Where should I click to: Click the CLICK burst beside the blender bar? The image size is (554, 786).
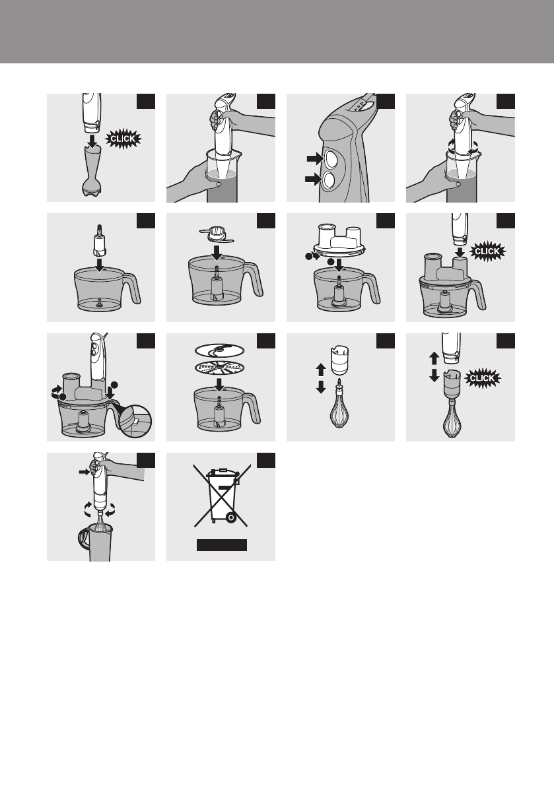pyautogui.click(x=123, y=139)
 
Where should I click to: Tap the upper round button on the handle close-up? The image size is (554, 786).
pyautogui.click(x=331, y=159)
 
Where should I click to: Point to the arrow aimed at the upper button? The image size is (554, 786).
pyautogui.click(x=315, y=158)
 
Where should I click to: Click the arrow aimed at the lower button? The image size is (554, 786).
pyautogui.click(x=314, y=179)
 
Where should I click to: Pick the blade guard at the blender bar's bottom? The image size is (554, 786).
pyautogui.click(x=91, y=187)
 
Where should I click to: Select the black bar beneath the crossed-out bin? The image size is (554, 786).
pyautogui.click(x=221, y=545)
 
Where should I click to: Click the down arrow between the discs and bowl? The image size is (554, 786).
pyautogui.click(x=219, y=383)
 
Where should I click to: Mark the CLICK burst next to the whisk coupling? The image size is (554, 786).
pyautogui.click(x=482, y=378)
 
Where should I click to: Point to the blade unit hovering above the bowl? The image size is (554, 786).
pyautogui.click(x=217, y=236)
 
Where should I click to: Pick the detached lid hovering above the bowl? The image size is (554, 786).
pyautogui.click(x=339, y=242)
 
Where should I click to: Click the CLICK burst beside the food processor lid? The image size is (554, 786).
pyautogui.click(x=487, y=251)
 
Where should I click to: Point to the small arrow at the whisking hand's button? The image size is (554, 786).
pyautogui.click(x=84, y=472)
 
